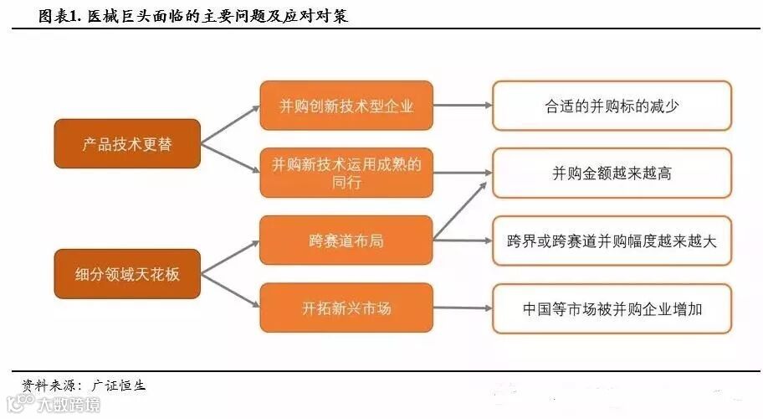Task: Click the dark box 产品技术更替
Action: coord(127,144)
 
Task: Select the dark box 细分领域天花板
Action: coord(127,274)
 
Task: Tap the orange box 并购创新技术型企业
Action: coord(346,106)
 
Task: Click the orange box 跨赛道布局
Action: coord(346,241)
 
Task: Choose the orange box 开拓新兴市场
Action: coord(346,308)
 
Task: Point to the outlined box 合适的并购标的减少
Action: coord(612,106)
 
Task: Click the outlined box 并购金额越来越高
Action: coord(612,173)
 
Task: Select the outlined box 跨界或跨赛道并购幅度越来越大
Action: coord(612,241)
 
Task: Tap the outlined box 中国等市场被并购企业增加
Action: coord(612,308)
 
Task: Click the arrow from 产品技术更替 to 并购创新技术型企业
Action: coord(230,124)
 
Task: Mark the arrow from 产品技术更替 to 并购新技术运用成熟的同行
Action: coord(230,159)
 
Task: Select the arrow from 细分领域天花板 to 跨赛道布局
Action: coord(230,256)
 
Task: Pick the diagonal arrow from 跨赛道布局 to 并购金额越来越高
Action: coord(460,209)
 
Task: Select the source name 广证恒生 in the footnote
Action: coord(119,385)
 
